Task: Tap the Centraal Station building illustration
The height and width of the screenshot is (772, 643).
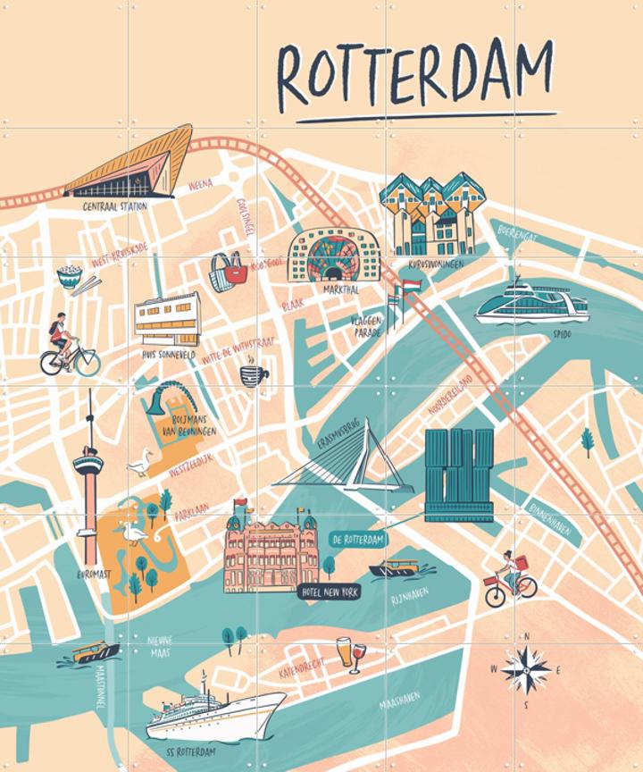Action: [130, 165]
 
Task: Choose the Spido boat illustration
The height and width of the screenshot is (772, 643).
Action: [531, 304]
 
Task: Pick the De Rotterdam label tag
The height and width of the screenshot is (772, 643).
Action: [358, 540]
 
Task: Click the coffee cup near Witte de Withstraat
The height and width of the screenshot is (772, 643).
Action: [253, 375]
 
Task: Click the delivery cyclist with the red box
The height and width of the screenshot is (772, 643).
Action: [510, 579]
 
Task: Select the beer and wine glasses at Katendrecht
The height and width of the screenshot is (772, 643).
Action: [350, 653]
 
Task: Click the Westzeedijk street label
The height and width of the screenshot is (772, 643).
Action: [191, 464]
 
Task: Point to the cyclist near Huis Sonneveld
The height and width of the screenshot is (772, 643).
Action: [68, 348]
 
